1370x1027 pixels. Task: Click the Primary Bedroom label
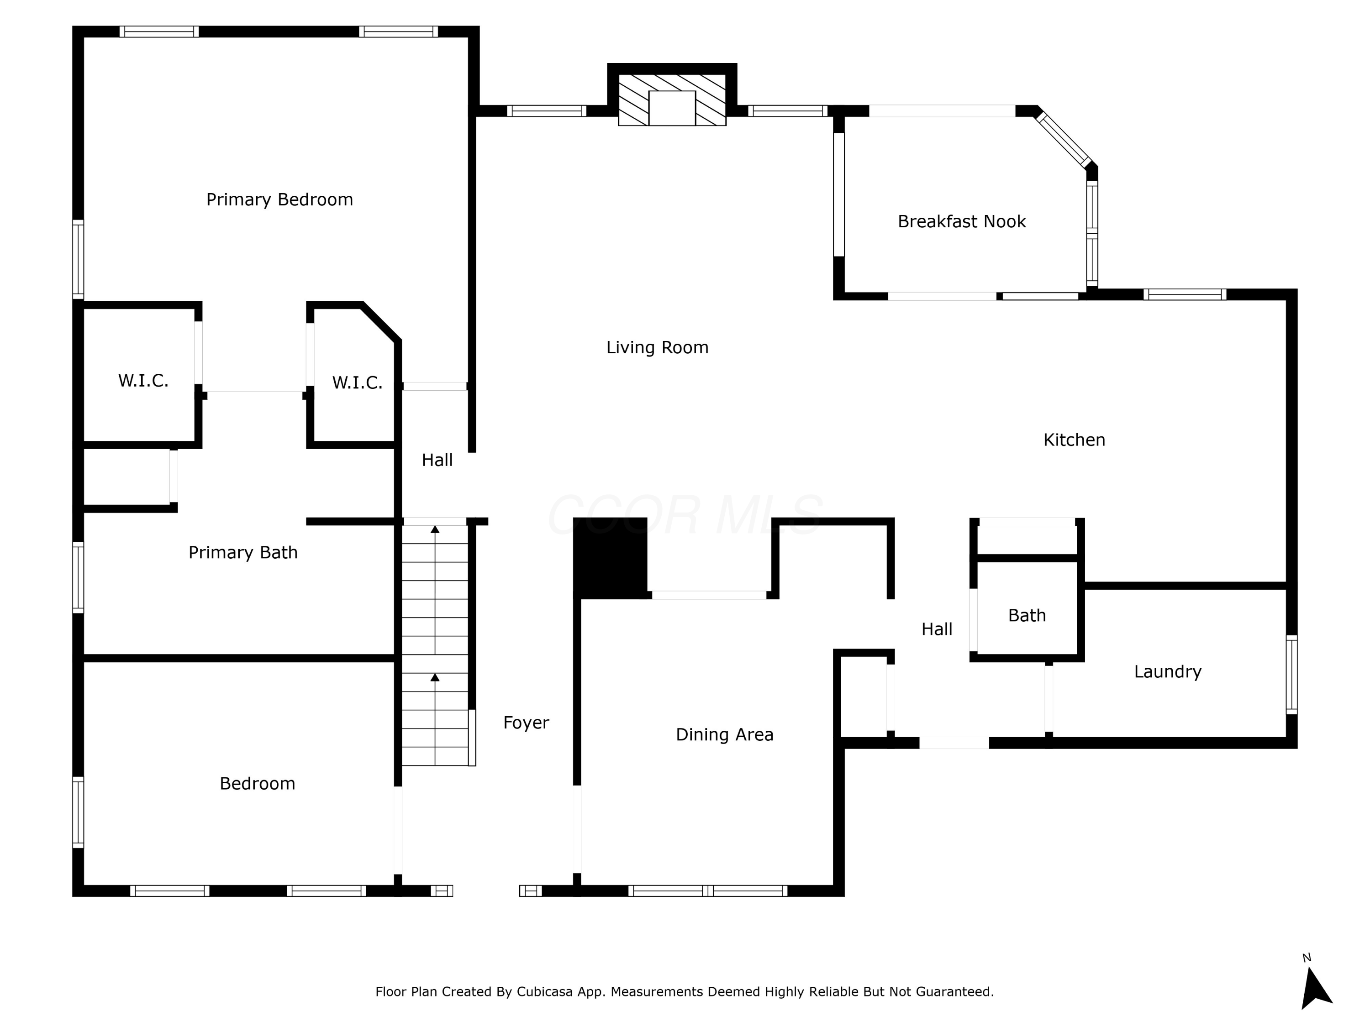(x=279, y=199)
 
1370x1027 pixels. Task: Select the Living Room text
(x=657, y=347)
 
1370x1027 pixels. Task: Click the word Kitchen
(x=1074, y=440)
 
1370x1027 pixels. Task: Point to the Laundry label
(x=1168, y=672)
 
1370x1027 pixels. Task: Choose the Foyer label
(x=526, y=723)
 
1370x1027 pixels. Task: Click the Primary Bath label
(x=243, y=552)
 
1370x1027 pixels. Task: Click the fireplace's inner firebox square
(x=672, y=108)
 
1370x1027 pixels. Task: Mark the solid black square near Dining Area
(x=610, y=557)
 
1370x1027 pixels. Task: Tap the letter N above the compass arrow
(x=1307, y=958)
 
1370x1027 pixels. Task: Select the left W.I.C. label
(x=143, y=380)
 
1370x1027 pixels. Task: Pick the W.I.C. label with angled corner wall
(x=357, y=383)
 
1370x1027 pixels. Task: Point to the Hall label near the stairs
(x=437, y=460)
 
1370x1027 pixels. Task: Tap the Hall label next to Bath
(x=937, y=629)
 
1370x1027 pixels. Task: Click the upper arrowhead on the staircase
(x=435, y=529)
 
